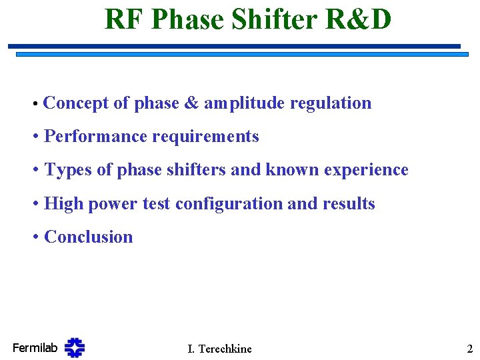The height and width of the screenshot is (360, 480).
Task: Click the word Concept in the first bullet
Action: pos(75,103)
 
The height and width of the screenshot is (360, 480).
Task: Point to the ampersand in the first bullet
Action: pos(191,103)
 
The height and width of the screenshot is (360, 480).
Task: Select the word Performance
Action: pos(96,137)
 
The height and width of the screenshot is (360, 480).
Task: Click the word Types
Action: pos(68,170)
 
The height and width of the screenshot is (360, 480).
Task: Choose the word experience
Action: pos(366,171)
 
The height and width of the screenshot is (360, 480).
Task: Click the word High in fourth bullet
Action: pos(63,204)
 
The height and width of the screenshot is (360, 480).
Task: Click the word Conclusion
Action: pos(88,237)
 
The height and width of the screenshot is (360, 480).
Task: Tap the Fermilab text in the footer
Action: pos(35,347)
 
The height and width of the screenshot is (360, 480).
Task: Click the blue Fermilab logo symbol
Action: pos(75,347)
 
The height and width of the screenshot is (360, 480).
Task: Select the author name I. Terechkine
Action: pos(219,349)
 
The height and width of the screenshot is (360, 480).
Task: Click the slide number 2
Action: pos(469,348)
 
